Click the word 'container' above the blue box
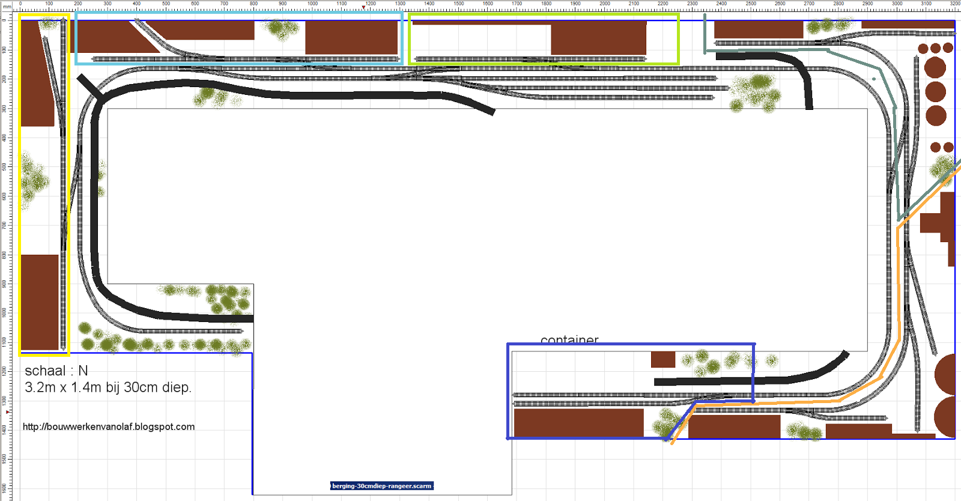(569, 340)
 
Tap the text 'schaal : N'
(56, 371)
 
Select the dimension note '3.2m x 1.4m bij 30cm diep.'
(108, 387)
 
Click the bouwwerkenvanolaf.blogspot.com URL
(109, 427)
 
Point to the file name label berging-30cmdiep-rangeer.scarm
(381, 486)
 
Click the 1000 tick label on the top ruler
(312, 4)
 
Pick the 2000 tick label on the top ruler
(604, 4)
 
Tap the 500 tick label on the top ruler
(166, 4)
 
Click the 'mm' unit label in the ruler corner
(7, 6)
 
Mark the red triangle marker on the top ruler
(363, 7)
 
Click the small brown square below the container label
(663, 359)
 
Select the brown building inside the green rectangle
(598, 38)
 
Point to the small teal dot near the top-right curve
(874, 79)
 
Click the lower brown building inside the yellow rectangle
(40, 302)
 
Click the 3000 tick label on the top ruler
(897, 4)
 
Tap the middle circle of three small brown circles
(936, 48)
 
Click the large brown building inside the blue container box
(578, 422)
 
